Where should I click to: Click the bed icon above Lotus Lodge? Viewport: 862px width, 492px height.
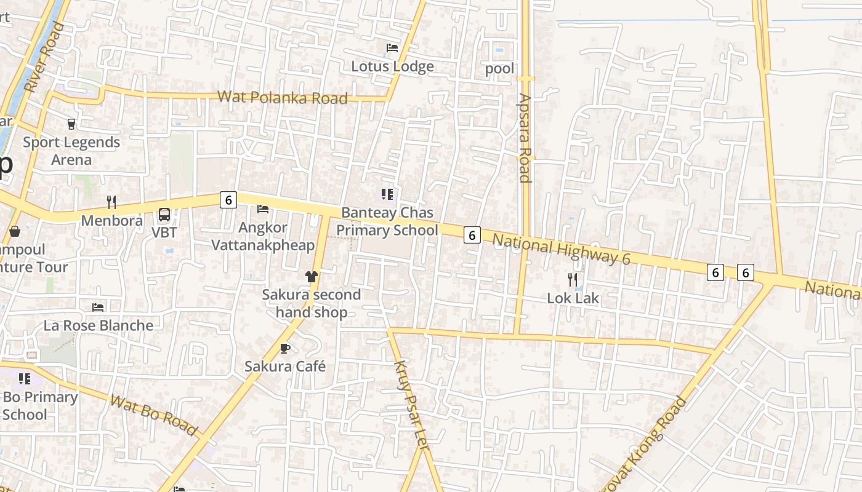(392, 47)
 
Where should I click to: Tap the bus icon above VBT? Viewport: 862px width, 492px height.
(164, 214)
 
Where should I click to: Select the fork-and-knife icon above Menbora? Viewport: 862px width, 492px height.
(111, 202)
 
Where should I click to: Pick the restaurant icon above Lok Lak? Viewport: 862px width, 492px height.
(573, 280)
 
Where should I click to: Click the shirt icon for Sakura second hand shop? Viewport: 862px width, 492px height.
(311, 277)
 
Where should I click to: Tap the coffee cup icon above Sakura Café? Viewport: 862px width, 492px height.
(285, 348)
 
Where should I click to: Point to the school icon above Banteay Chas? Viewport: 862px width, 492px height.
(387, 194)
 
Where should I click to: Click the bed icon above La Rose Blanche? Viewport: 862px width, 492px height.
(98, 307)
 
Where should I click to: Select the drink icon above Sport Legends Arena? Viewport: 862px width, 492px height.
(71, 124)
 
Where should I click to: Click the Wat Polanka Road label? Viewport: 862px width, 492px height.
(283, 97)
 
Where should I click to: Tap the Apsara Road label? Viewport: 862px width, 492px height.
(525, 138)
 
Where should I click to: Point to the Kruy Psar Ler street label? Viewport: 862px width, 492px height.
(410, 405)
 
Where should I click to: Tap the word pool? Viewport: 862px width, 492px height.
(499, 68)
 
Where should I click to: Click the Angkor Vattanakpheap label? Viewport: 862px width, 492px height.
(263, 236)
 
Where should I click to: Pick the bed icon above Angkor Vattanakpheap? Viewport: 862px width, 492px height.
(263, 209)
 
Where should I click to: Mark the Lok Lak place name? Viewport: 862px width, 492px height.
(573, 298)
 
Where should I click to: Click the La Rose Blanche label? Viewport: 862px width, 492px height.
(99, 325)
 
